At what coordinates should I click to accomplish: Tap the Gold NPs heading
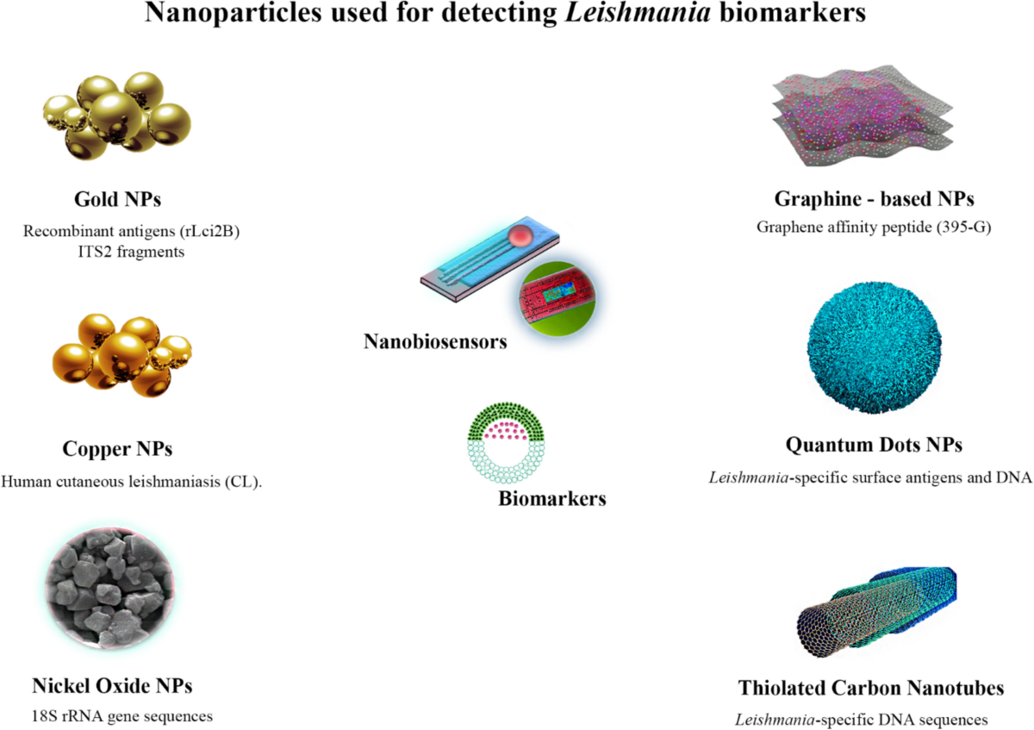[x=118, y=200]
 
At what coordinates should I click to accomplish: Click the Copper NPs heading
[x=118, y=449]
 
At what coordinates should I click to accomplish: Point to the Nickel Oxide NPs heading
[x=112, y=686]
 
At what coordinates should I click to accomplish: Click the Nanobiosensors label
[x=435, y=341]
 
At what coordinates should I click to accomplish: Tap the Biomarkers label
[x=551, y=497]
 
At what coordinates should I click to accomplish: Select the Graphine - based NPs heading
[x=874, y=199]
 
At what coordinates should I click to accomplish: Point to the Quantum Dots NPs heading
[x=874, y=446]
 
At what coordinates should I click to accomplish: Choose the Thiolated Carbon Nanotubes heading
[x=871, y=688]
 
